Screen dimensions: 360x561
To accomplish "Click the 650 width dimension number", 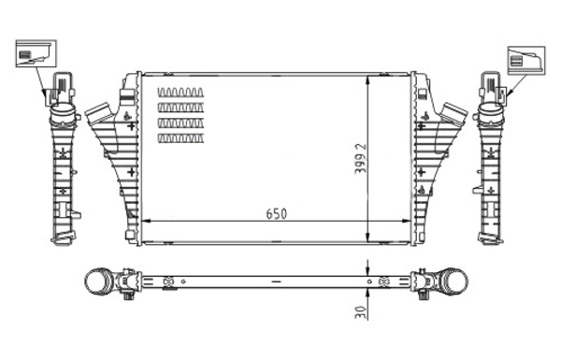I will (276, 213).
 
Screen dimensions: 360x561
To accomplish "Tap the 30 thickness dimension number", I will (359, 314).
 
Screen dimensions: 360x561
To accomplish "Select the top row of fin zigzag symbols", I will (180, 93).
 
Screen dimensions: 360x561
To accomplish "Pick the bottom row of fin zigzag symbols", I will (180, 139).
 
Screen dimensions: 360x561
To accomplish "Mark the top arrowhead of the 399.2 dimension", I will (372, 79).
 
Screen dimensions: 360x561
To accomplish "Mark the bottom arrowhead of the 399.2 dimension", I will (372, 238).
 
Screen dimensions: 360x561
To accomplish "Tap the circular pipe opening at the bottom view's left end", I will (96, 280).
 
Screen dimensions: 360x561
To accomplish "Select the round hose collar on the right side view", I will (489, 115).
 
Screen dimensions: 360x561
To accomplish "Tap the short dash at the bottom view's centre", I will (276, 281).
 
